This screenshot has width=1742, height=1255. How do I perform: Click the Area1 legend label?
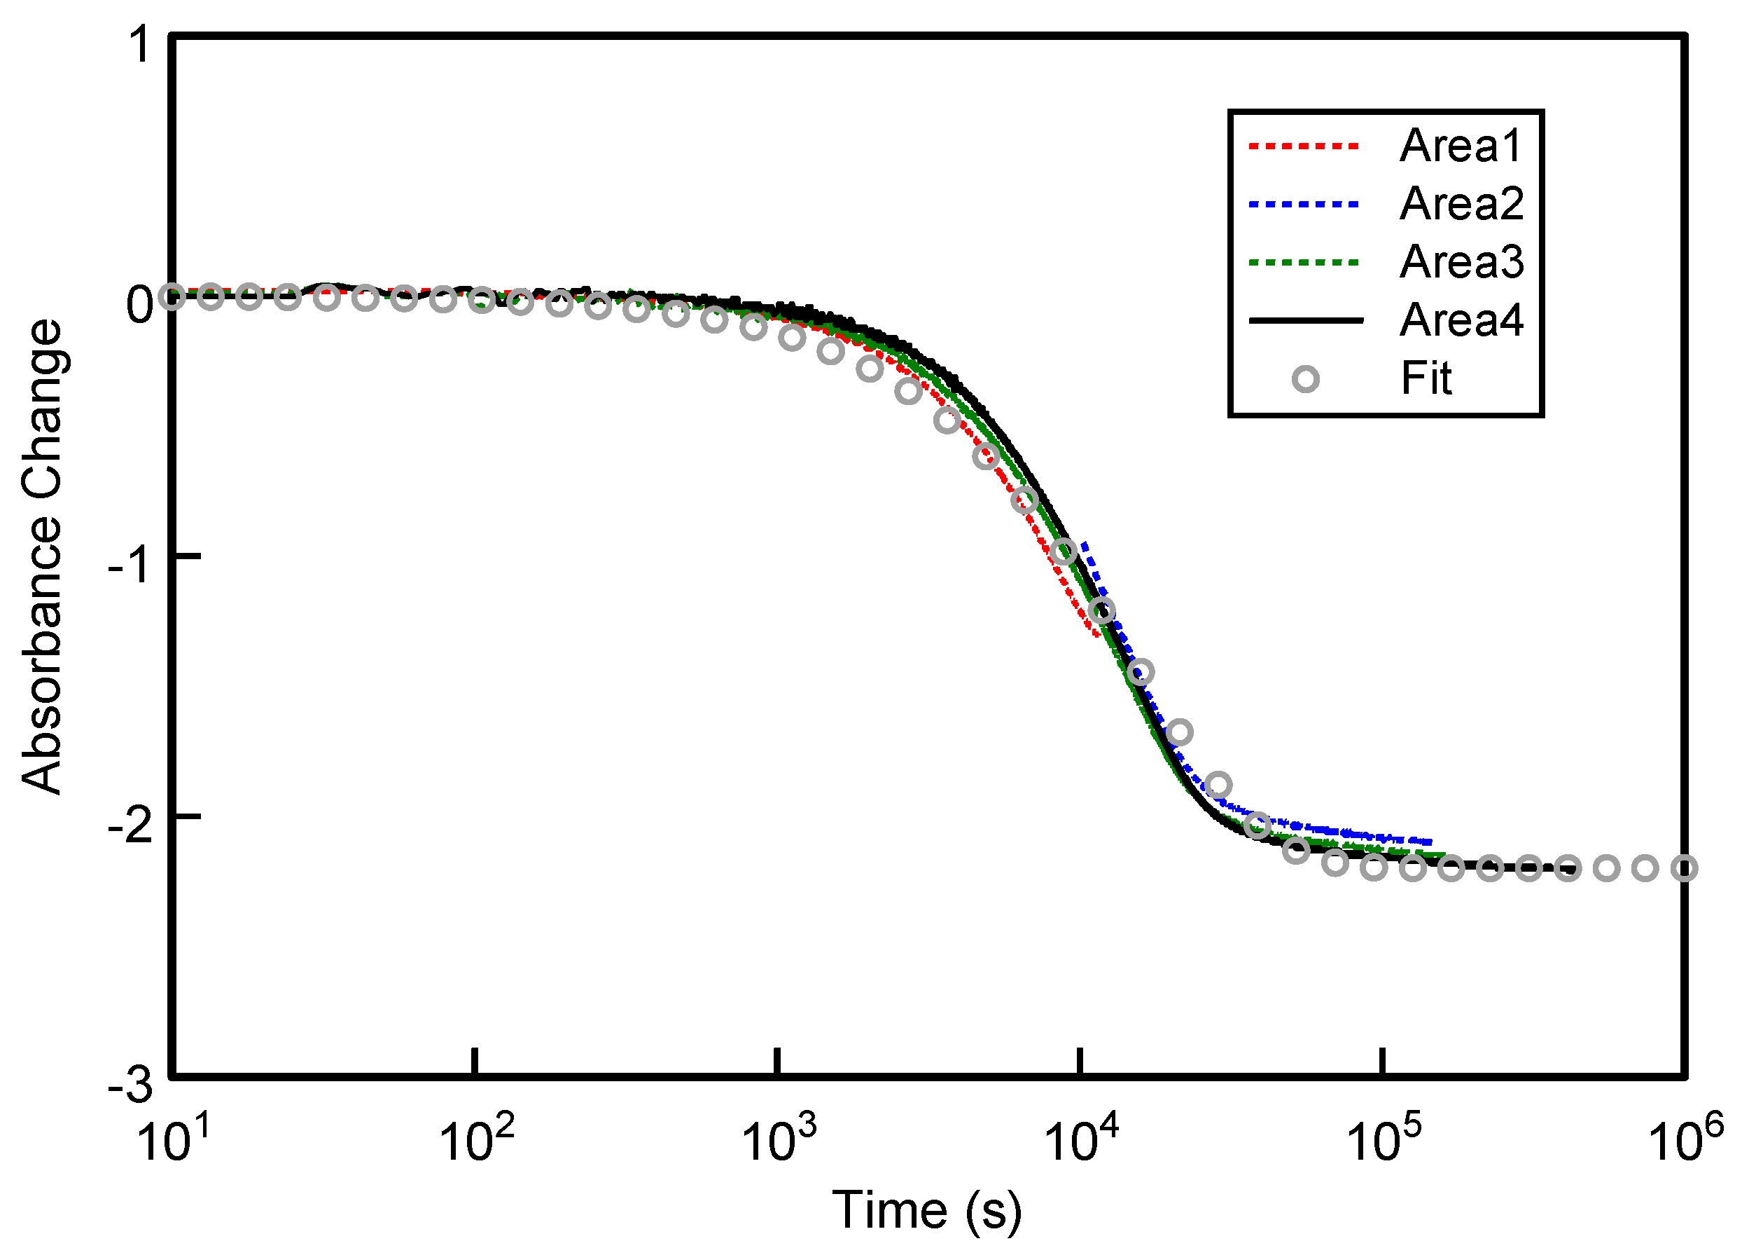(1460, 146)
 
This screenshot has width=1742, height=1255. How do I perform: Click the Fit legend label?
(1426, 379)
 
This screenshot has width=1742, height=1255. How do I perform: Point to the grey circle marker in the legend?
(1306, 379)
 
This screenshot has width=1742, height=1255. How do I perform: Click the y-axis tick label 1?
(141, 44)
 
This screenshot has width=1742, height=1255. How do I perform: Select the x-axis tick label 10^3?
(779, 1137)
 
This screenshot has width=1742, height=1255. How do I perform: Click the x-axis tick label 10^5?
(1384, 1137)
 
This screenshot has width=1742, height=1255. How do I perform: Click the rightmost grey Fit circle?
(1685, 869)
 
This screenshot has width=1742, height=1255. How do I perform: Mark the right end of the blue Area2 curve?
(1430, 842)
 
